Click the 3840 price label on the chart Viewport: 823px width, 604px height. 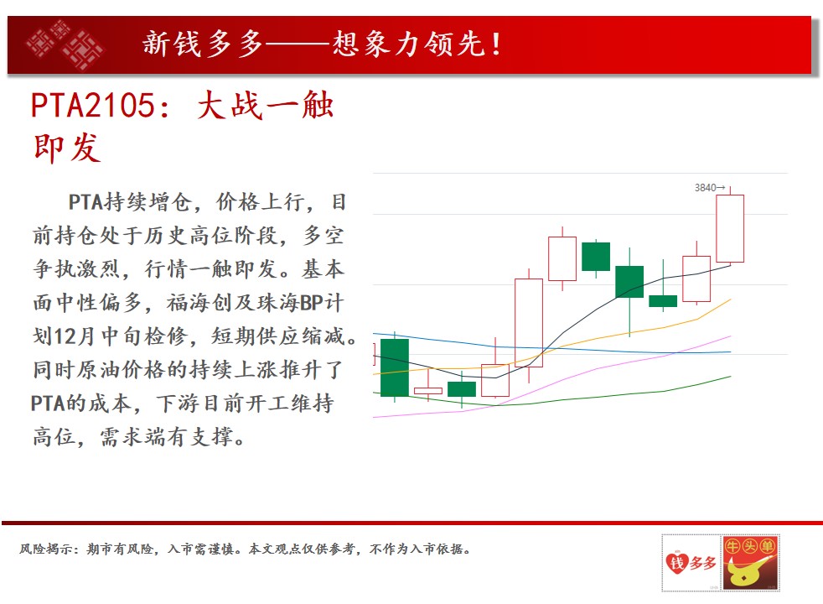705,188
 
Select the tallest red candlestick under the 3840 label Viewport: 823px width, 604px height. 730,228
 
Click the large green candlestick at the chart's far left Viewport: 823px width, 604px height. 394,367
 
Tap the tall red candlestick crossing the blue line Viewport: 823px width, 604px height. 529,322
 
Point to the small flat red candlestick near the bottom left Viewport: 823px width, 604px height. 427,390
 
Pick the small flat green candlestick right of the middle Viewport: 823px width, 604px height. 663,301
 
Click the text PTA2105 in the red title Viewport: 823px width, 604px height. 92,105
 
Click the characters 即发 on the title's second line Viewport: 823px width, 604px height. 67,148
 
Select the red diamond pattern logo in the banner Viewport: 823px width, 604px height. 65,44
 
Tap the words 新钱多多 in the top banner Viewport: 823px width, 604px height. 202,44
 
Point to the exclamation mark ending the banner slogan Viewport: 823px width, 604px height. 496,44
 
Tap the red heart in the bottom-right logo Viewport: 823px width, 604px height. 677,563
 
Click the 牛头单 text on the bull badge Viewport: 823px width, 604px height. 750,546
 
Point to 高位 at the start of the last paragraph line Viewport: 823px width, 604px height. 54,437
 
